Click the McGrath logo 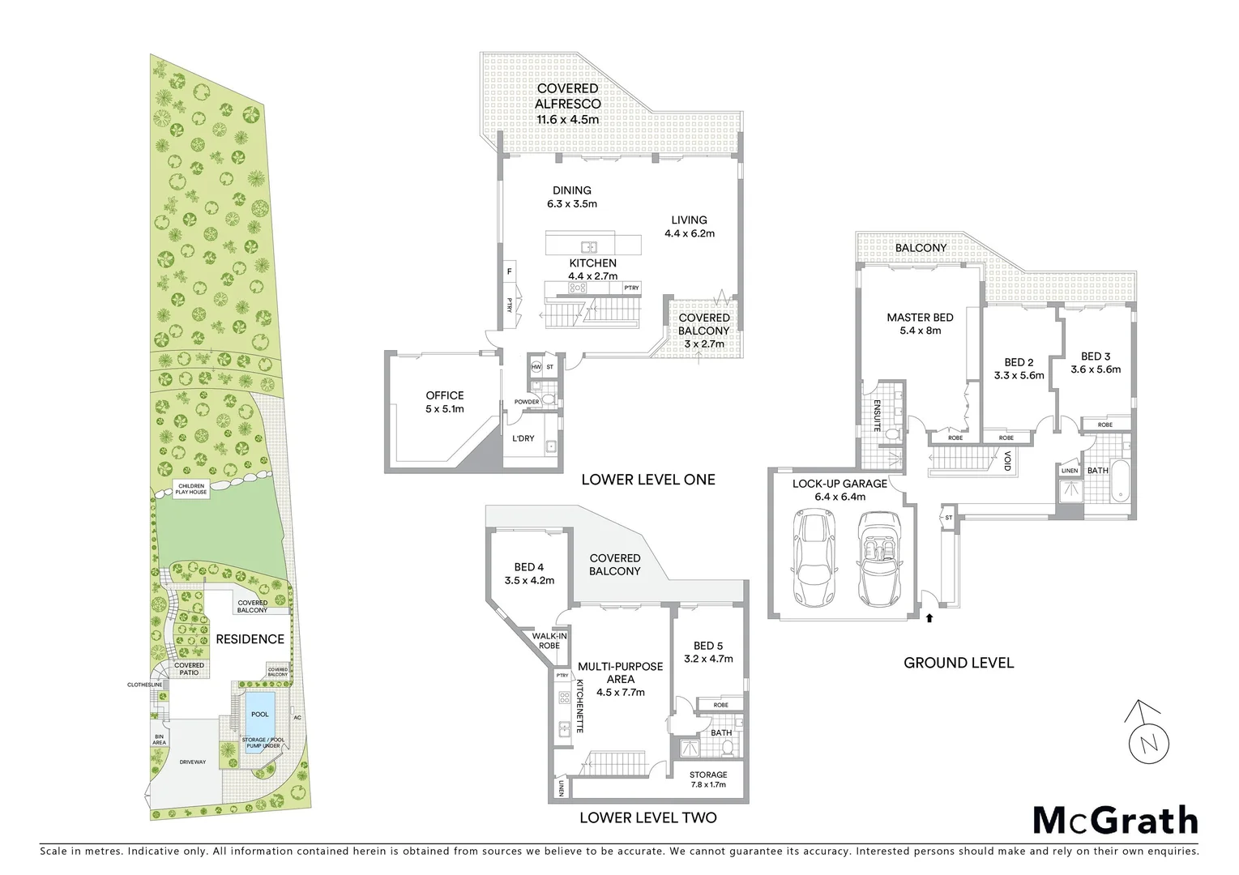[1115, 820]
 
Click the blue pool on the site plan [259, 714]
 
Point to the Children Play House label [192, 489]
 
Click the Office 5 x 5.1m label [445, 402]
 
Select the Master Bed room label [920, 323]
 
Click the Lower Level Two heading [647, 817]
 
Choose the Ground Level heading [959, 663]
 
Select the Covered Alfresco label [567, 104]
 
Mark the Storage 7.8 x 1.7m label [708, 779]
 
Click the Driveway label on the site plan [193, 762]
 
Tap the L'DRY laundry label [523, 438]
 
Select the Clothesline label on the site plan [145, 685]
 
